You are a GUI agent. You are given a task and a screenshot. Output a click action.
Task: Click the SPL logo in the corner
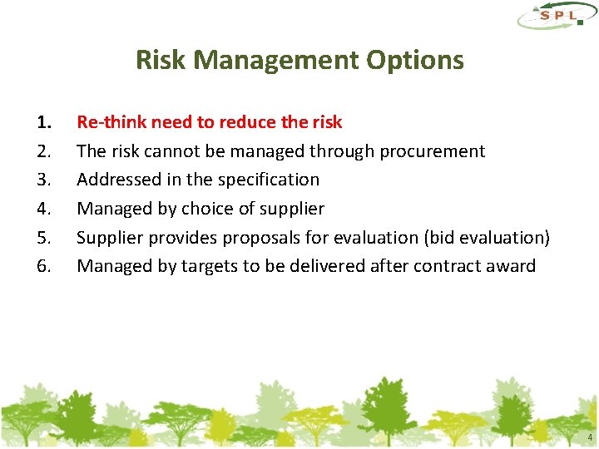tap(555, 17)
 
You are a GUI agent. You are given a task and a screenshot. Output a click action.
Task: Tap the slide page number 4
tap(590, 437)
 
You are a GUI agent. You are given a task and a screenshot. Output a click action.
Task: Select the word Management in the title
tap(275, 60)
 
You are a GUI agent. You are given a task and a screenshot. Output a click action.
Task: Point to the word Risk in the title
tap(155, 60)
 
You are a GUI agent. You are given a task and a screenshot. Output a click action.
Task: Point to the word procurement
tap(435, 151)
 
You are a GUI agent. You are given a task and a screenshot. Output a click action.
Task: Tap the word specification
tap(268, 180)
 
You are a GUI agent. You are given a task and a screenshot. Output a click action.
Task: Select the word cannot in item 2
tap(169, 151)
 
